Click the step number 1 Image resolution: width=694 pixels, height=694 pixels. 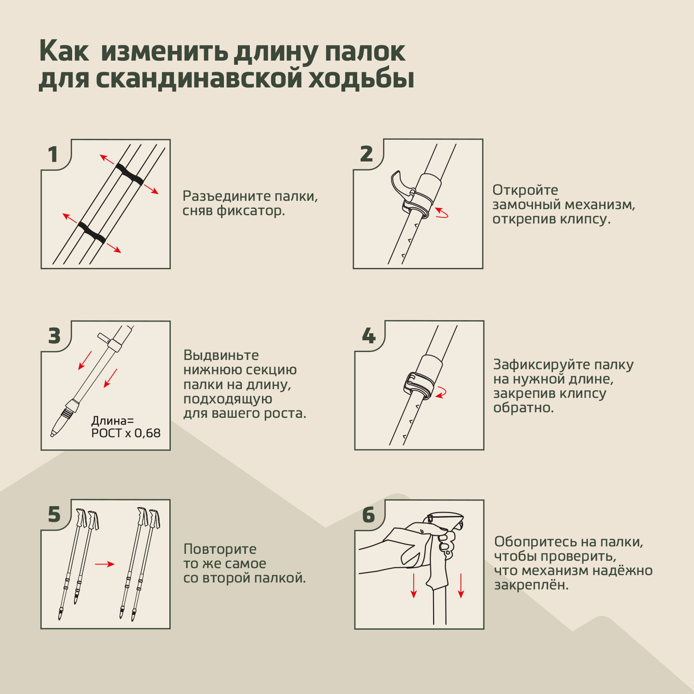pos(53,155)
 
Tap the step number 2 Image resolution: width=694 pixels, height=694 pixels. pos(366,154)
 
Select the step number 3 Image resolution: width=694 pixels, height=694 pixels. pos(55,336)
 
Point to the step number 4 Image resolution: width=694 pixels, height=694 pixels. pos(369,336)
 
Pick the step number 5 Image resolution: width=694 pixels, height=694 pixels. pos(55,515)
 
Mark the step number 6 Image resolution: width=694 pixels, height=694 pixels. pos(369,515)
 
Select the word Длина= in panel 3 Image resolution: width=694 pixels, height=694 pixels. pos(112,421)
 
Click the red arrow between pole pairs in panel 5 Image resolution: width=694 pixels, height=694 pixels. pos(105,564)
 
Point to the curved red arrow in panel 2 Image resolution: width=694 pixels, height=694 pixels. pos(442,214)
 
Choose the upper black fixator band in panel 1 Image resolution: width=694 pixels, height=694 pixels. pos(130,174)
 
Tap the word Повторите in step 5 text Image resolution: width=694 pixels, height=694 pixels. pos(220,550)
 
